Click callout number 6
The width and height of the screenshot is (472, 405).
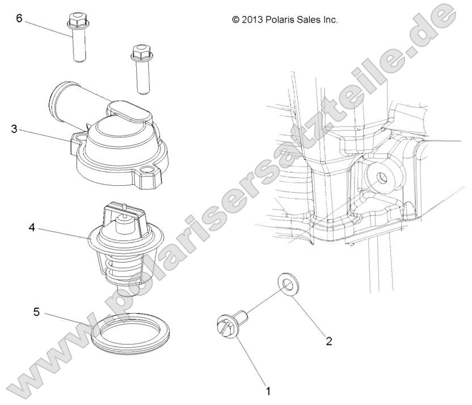(19, 18)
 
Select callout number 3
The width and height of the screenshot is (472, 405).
(14, 129)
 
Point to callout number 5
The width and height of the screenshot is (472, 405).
(36, 311)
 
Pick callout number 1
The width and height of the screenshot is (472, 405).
(268, 391)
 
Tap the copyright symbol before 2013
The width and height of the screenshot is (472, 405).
(235, 19)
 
